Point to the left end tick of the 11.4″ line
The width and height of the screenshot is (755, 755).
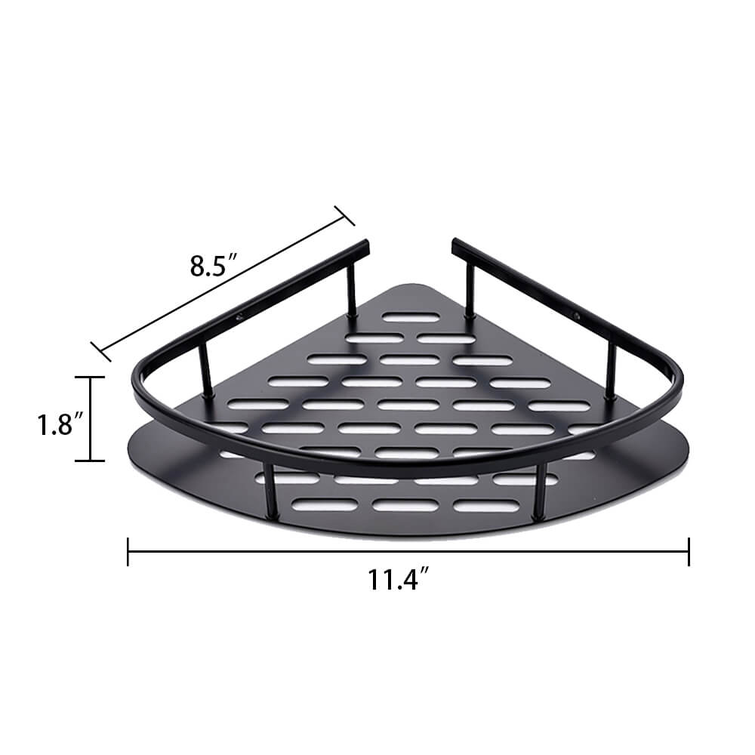(128, 551)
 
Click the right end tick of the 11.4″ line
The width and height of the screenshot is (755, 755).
(689, 551)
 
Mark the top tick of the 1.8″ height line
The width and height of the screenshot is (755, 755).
(91, 377)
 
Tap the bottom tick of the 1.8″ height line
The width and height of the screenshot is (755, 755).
(91, 460)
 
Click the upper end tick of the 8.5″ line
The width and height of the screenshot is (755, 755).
(344, 216)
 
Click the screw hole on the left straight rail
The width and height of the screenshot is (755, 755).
(239, 318)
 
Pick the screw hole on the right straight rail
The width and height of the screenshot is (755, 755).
(578, 316)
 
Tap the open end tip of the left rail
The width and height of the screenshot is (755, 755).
(366, 246)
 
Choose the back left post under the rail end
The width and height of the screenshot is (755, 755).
(352, 291)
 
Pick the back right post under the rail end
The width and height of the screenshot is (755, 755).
(470, 291)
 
